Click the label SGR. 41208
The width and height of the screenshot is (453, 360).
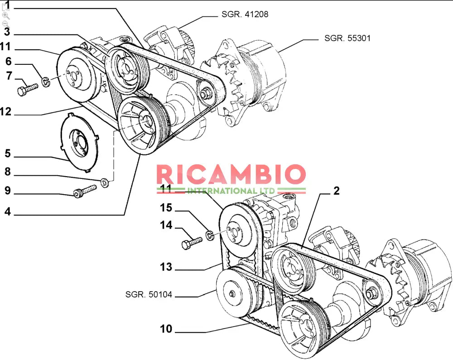tap(245, 14)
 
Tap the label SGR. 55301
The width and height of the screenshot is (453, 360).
tap(347, 38)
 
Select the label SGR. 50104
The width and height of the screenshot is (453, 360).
tap(149, 295)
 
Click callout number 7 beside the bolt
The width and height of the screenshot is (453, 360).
tap(9, 76)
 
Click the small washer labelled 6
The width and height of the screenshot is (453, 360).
tap(45, 82)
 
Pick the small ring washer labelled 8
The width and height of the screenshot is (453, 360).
tap(105, 183)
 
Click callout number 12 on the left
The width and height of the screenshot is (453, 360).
tap(6, 111)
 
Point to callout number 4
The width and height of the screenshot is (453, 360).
tap(8, 211)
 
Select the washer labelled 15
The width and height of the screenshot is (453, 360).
tap(210, 235)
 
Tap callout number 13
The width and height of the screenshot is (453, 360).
tap(166, 267)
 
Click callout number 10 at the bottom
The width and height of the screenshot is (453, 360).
tap(166, 329)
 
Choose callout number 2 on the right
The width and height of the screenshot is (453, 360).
tap(336, 191)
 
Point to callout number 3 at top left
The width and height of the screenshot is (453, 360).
tap(7, 32)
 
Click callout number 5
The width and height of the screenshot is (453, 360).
tap(8, 154)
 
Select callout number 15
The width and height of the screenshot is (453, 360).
tap(166, 208)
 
